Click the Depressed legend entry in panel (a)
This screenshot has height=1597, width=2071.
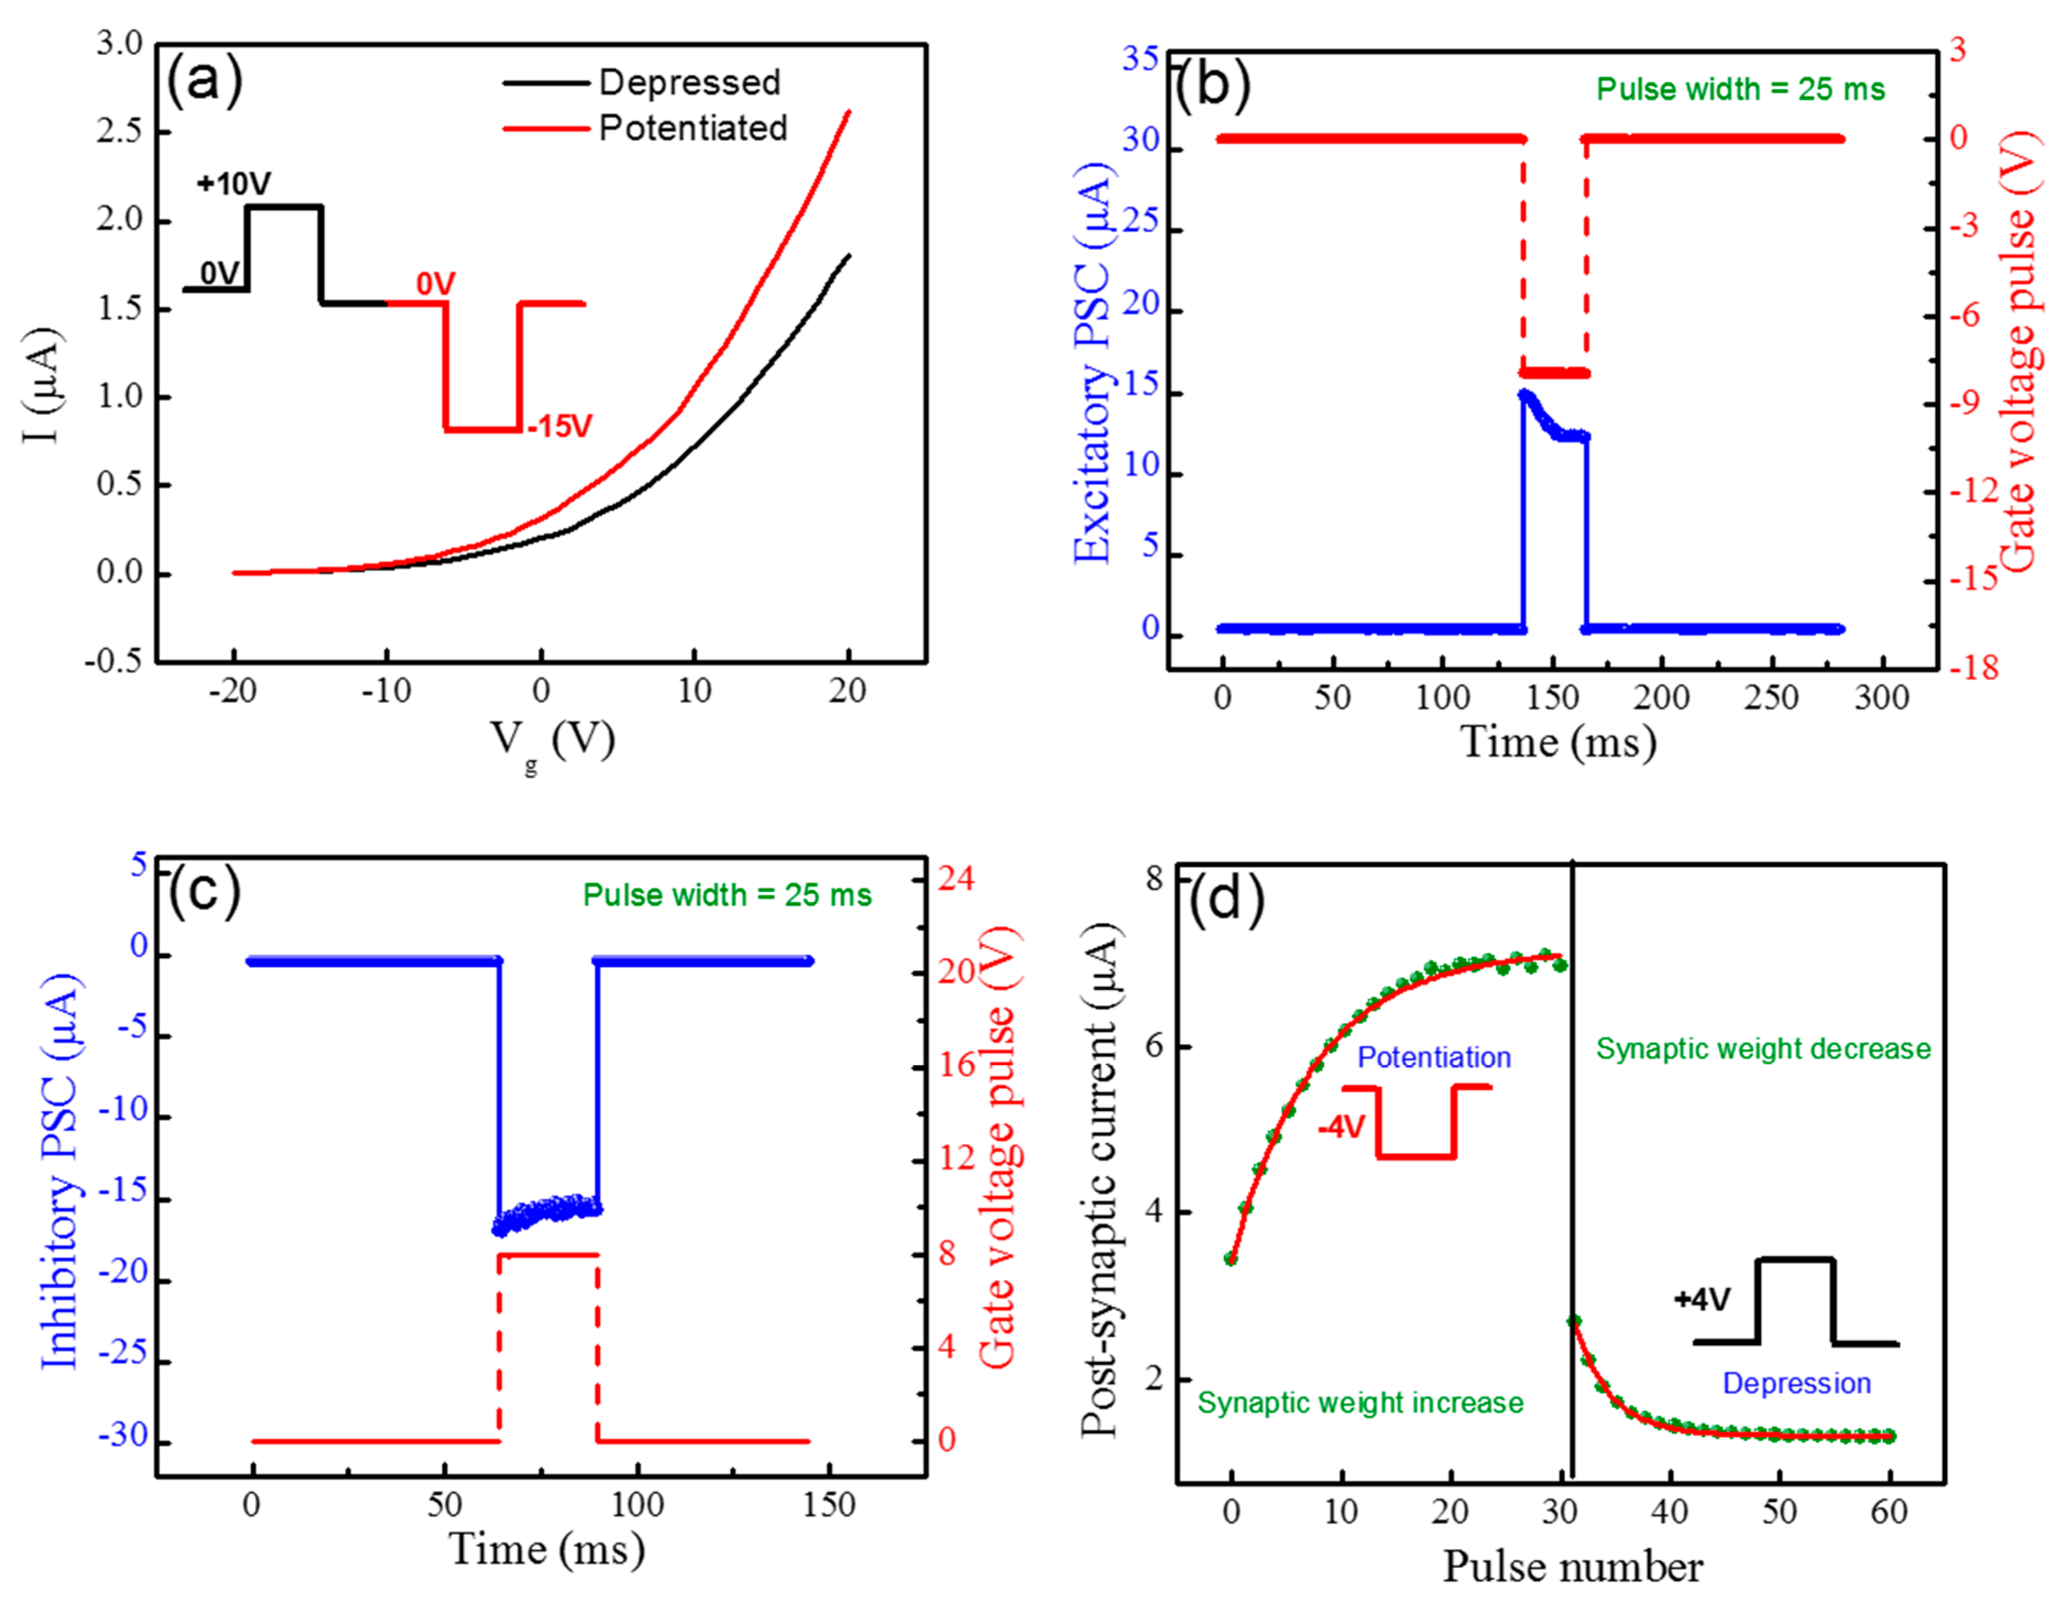click(689, 83)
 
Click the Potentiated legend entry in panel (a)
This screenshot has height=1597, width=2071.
click(693, 128)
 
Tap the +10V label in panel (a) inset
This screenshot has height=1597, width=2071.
click(233, 183)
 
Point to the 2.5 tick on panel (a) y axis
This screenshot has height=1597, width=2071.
click(119, 131)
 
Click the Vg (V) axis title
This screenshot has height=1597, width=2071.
click(552, 741)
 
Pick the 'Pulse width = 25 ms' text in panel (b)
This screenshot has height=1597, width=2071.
click(1741, 89)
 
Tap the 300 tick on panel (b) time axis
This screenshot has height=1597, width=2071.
click(1881, 698)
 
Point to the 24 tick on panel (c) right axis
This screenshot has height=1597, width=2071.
click(956, 878)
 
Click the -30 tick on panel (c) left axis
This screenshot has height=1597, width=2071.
click(123, 1437)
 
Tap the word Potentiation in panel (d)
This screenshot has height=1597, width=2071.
click(1434, 1057)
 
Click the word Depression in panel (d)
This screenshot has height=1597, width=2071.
click(1796, 1383)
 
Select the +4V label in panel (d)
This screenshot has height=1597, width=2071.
click(1702, 1299)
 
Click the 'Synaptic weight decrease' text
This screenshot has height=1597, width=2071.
click(1763, 1049)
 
